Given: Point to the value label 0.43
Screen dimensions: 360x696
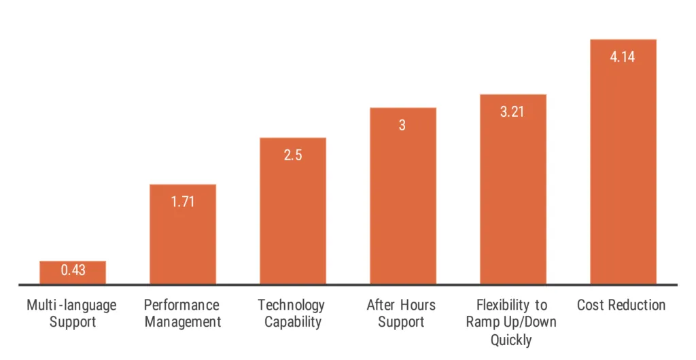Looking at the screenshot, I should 73,270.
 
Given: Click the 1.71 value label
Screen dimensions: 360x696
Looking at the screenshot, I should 182,202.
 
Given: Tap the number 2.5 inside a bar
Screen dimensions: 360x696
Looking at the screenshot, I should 293,155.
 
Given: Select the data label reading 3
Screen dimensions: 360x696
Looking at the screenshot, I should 402,125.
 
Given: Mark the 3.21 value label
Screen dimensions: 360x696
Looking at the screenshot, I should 512,111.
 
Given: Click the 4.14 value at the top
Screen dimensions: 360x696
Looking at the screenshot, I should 623,57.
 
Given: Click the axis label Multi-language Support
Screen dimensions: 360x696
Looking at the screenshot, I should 71,313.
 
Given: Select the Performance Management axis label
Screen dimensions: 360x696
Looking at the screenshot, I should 181,313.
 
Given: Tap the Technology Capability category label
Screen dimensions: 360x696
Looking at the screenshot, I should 293,313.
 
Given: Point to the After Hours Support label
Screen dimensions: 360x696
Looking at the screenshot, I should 401,313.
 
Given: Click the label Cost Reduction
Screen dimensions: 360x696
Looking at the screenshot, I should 621,305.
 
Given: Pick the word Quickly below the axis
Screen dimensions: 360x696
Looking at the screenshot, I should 512,339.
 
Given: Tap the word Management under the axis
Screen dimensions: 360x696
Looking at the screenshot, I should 181,322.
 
